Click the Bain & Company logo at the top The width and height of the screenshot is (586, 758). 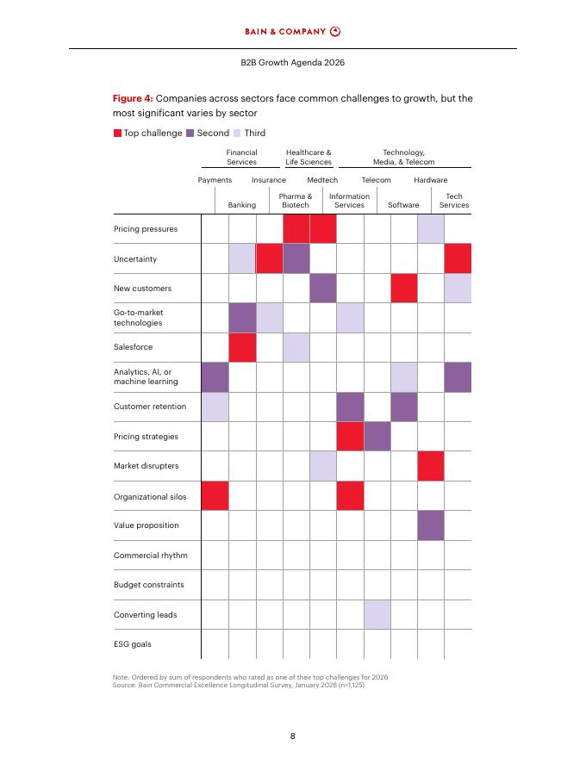pos(292,32)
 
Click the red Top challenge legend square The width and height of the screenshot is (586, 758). pos(117,133)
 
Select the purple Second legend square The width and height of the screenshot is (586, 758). pos(190,133)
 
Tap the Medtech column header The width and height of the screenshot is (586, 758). pos(322,180)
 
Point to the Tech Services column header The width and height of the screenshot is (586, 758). pos(454,201)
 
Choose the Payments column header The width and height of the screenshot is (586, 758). pos(215,180)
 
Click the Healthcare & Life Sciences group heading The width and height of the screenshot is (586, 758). pos(309,157)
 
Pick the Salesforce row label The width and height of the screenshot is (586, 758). pos(134,347)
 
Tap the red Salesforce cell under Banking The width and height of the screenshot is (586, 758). pos(242,347)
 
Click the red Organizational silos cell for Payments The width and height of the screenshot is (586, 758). pos(215,495)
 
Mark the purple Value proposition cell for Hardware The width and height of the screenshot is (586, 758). pos(431,525)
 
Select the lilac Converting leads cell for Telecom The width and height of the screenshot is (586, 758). pos(377,614)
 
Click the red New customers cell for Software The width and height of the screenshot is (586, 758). pos(404,288)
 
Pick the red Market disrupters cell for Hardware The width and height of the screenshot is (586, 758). pos(431,466)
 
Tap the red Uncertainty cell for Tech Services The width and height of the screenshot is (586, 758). pos(458,258)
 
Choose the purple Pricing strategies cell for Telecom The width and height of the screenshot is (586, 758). pos(377,436)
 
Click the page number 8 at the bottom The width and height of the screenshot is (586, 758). pos(293,736)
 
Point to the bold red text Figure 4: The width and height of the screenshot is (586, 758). pos(134,98)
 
